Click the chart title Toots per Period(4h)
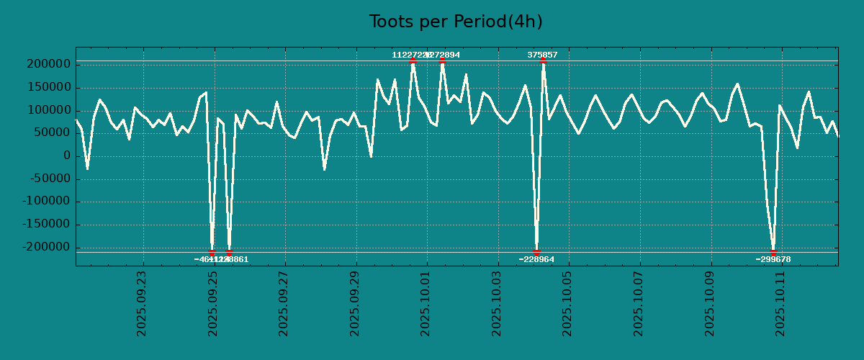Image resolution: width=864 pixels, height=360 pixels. click(x=456, y=22)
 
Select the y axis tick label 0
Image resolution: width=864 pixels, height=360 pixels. click(x=66, y=156)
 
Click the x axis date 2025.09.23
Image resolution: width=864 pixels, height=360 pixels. click(x=142, y=303)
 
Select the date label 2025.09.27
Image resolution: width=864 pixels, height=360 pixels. click(x=284, y=303)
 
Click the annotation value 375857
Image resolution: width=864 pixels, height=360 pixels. click(x=542, y=55)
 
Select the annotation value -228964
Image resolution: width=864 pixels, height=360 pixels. click(x=536, y=259)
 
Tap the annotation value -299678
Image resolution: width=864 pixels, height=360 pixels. click(x=773, y=259)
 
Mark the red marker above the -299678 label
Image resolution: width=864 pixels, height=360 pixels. click(x=773, y=252)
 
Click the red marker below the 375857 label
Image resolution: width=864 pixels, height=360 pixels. click(x=542, y=61)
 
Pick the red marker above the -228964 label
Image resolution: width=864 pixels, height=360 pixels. click(x=536, y=252)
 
